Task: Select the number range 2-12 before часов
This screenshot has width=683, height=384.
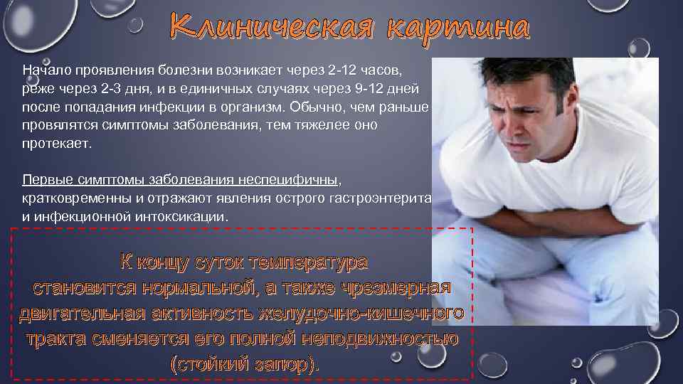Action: (345, 71)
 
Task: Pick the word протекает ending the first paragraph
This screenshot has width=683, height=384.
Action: (57, 142)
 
